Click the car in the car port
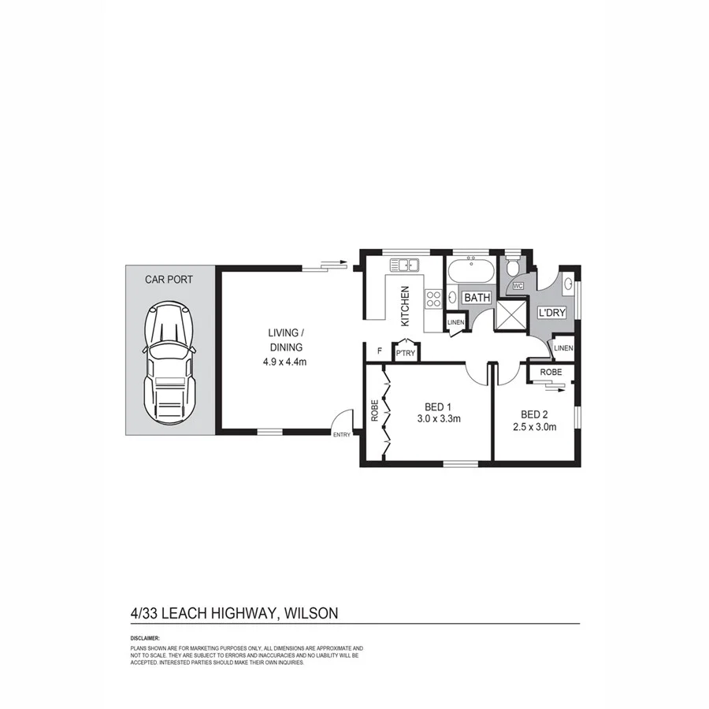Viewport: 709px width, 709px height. pyautogui.click(x=168, y=364)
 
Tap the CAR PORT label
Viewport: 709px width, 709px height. pyautogui.click(x=169, y=279)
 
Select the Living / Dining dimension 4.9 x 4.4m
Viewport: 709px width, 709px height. pyautogui.click(x=284, y=362)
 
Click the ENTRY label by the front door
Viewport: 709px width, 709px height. pyautogui.click(x=342, y=435)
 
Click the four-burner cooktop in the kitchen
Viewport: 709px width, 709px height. pyautogui.click(x=433, y=298)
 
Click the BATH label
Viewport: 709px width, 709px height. pyautogui.click(x=477, y=298)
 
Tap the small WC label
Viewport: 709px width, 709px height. pyautogui.click(x=518, y=286)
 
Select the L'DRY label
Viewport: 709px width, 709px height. pyautogui.click(x=552, y=313)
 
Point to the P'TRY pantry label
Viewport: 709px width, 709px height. pyautogui.click(x=406, y=353)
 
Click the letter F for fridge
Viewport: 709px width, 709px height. pyautogui.click(x=380, y=351)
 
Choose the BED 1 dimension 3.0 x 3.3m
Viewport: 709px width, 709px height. pyautogui.click(x=439, y=419)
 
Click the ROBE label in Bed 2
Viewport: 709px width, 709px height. pyautogui.click(x=551, y=372)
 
